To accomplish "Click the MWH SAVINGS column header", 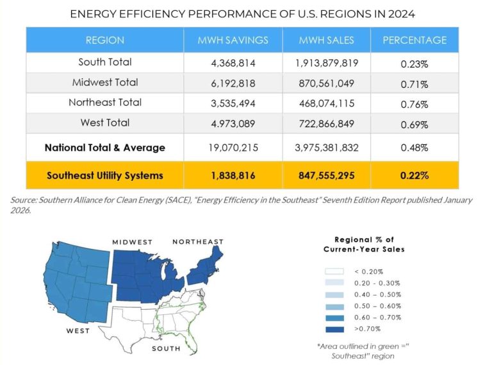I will [x=233, y=40].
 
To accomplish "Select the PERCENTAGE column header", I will [x=414, y=40].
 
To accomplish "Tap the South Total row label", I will [x=105, y=62].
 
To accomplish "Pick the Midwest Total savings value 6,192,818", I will [x=233, y=83].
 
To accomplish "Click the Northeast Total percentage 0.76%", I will [x=414, y=103].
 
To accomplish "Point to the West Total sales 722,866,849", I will [x=327, y=123].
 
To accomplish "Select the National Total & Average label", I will [x=105, y=148].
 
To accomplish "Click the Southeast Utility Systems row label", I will [x=105, y=175].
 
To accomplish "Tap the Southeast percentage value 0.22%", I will [x=414, y=175].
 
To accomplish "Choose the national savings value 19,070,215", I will [x=233, y=148].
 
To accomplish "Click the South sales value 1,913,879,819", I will [x=327, y=63].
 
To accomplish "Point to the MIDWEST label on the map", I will [x=133, y=242].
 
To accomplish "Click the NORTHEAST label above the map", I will [x=198, y=242].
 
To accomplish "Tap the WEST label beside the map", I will [x=78, y=331].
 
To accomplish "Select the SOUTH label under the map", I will [x=166, y=349].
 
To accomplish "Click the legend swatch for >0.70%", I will [x=338, y=328].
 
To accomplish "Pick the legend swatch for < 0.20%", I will [x=338, y=271].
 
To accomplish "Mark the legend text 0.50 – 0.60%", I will [x=377, y=306].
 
